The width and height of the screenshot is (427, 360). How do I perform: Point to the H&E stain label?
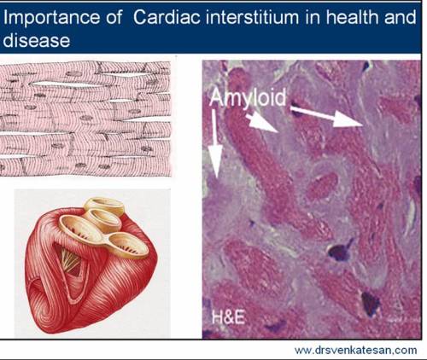click(226, 320)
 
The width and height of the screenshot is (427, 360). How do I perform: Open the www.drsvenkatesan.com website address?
click(354, 350)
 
